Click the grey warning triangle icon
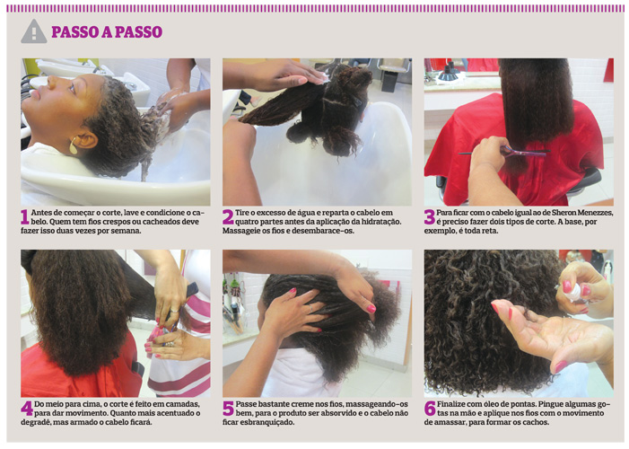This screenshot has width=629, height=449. (34, 31)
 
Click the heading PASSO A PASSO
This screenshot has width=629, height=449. (107, 32)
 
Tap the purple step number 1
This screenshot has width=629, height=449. (25, 217)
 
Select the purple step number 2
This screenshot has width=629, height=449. (228, 217)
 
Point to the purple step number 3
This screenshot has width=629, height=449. (430, 217)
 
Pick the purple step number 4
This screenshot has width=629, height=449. (27, 409)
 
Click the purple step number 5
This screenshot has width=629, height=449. (228, 409)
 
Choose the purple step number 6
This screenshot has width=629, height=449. (430, 409)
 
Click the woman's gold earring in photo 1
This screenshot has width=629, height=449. (73, 145)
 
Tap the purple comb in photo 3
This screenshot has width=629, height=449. (505, 152)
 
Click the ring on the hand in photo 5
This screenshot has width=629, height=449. (310, 308)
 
